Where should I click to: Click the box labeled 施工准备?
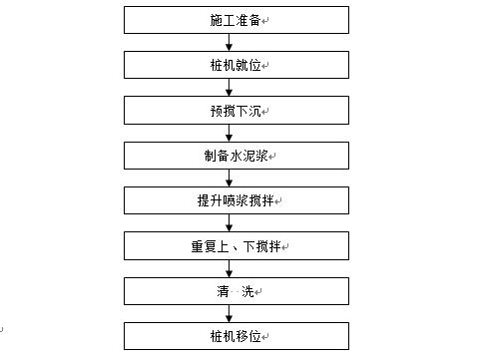238,20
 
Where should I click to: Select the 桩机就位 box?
238,65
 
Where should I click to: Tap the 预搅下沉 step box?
238,110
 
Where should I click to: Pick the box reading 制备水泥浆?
238,156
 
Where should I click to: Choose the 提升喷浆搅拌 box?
238,200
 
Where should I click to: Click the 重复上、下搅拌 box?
238,245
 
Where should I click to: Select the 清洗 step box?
238,291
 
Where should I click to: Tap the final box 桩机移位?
238,336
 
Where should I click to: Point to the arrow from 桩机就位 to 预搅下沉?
230,88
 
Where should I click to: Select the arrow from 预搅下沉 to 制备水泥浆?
230,133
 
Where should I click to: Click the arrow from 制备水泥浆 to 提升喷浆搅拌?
230,179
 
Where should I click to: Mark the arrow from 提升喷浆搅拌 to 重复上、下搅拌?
230,223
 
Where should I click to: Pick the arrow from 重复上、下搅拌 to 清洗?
230,268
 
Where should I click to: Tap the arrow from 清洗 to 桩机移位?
230,314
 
